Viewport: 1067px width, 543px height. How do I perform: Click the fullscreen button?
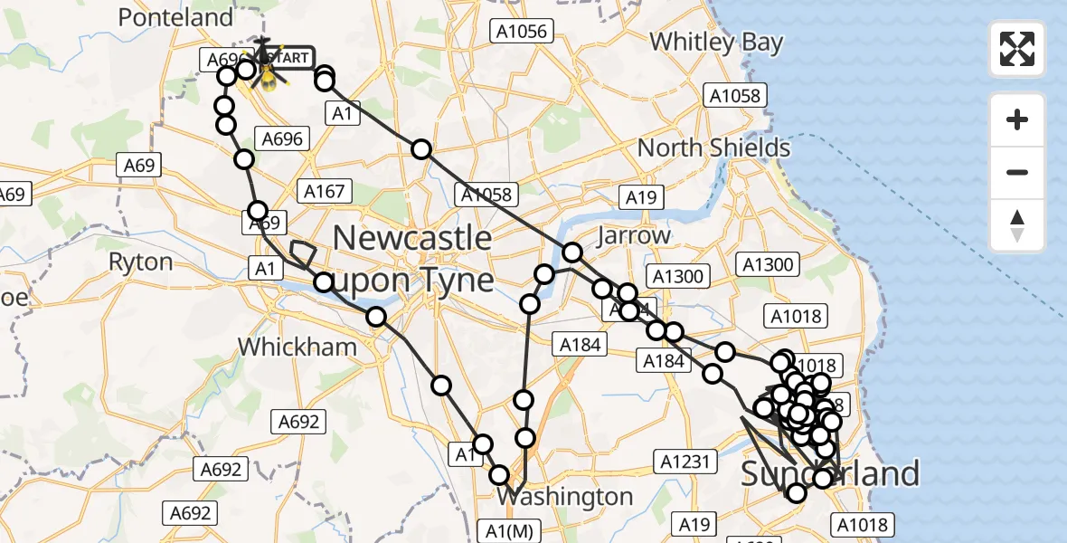pyautogui.click(x=1017, y=49)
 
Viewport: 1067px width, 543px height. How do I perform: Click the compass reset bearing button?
pyautogui.click(x=1017, y=226)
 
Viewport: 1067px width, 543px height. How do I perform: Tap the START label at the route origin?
pyautogui.click(x=288, y=58)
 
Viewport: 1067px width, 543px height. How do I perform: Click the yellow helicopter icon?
pyautogui.click(x=269, y=75)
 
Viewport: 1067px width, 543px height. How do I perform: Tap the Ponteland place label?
pyautogui.click(x=175, y=17)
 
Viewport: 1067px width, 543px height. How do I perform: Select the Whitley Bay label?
pyautogui.click(x=716, y=42)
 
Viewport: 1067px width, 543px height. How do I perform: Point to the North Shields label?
pyautogui.click(x=713, y=148)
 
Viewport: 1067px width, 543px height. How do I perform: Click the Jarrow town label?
pyautogui.click(x=633, y=236)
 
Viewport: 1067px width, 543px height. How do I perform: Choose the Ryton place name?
pyautogui.click(x=140, y=262)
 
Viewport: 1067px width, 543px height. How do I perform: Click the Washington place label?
pyautogui.click(x=565, y=497)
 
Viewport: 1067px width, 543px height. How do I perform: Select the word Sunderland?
pyautogui.click(x=830, y=473)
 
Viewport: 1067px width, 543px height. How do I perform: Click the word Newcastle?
pyautogui.click(x=412, y=238)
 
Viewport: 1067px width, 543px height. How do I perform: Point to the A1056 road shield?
pyautogui.click(x=520, y=31)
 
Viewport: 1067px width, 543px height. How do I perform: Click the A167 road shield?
pyautogui.click(x=324, y=191)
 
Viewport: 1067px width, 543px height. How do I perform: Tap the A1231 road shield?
pyautogui.click(x=685, y=462)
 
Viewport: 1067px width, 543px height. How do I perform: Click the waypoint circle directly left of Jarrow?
pyautogui.click(x=572, y=252)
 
